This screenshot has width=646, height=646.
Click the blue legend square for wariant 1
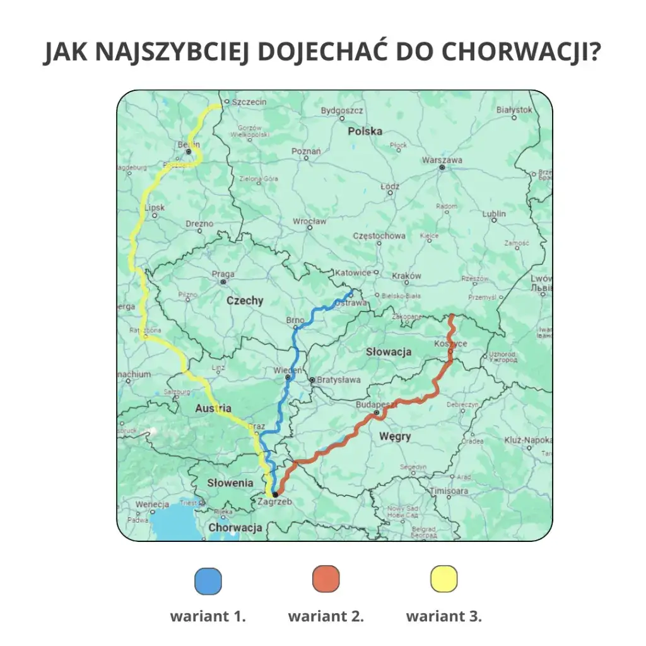pyautogui.click(x=209, y=581)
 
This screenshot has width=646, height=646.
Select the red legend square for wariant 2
pyautogui.click(x=326, y=579)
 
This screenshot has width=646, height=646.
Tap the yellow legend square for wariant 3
pyautogui.click(x=444, y=579)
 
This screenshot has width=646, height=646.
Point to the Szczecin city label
pyautogui.click(x=249, y=102)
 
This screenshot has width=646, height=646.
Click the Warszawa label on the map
pyautogui.click(x=442, y=160)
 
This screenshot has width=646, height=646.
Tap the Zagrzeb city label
pyautogui.click(x=275, y=502)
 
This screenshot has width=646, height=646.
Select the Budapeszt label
pyautogui.click(x=375, y=404)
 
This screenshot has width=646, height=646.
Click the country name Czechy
pyautogui.click(x=245, y=301)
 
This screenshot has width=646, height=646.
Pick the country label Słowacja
pyautogui.click(x=389, y=352)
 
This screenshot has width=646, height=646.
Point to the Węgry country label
pyautogui.click(x=395, y=436)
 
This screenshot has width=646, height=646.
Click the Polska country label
pyautogui.click(x=365, y=131)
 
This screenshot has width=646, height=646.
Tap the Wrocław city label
pyautogui.click(x=310, y=221)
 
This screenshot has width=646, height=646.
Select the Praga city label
pyautogui.click(x=223, y=274)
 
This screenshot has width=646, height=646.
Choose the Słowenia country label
pyautogui.click(x=230, y=483)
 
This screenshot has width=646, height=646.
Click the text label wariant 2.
pyautogui.click(x=326, y=616)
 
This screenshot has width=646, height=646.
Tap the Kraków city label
pyautogui.click(x=406, y=276)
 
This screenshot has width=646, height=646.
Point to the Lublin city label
pyautogui.click(x=494, y=214)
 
